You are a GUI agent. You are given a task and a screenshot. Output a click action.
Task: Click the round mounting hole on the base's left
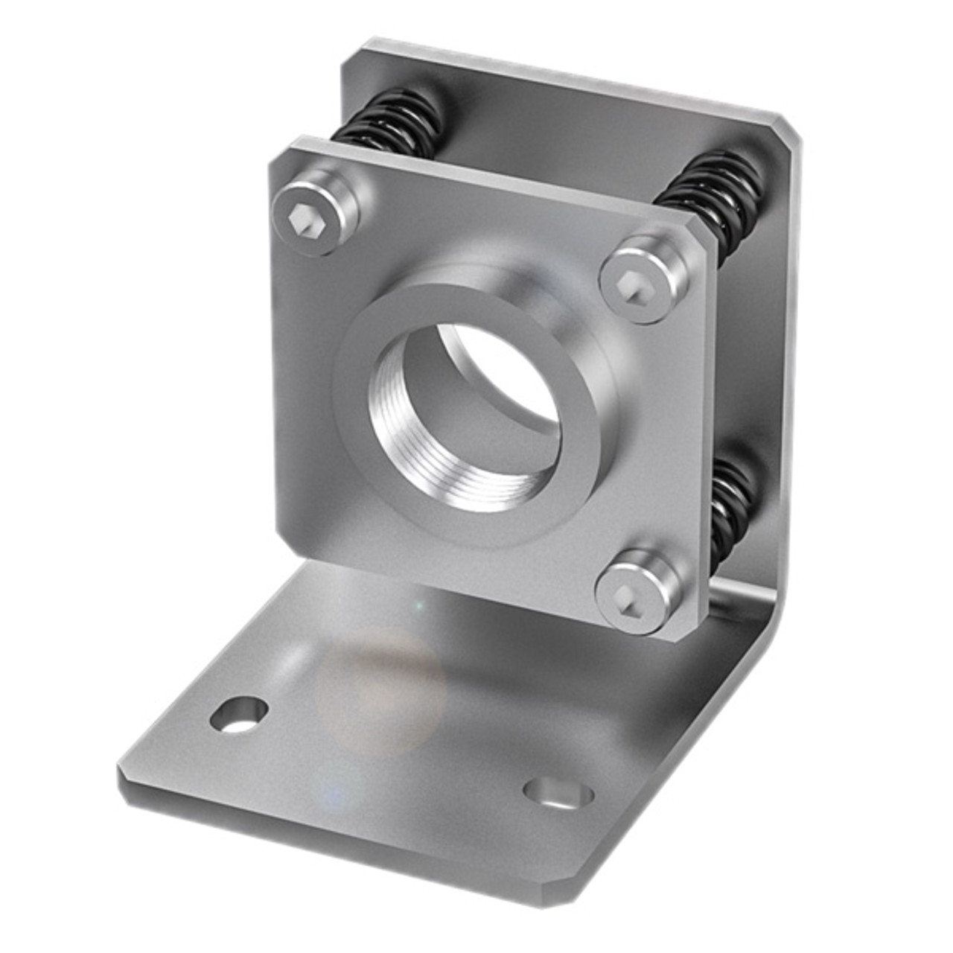tap(239, 715)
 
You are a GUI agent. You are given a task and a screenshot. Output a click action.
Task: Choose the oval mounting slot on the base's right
tap(558, 794)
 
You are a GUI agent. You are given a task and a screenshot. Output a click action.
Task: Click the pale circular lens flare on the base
tap(380, 689)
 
